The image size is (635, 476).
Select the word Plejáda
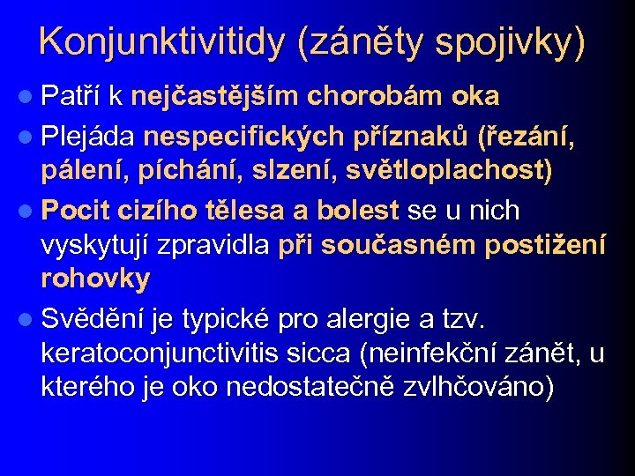pos(87,137)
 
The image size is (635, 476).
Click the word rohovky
pos(94,279)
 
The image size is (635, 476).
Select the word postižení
pos(546,246)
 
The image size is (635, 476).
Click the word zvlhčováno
pos(475,388)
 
